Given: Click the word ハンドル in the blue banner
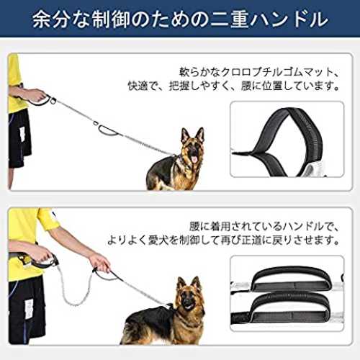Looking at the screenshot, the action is (289, 19).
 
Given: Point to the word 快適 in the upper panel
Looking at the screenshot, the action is (138, 86).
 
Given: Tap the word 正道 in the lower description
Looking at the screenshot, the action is (251, 240).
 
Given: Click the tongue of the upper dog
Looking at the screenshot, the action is (194, 159).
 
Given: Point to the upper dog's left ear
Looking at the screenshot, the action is (185, 135).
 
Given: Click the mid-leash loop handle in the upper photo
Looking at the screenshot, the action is (107, 130).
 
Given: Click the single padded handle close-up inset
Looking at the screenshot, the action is (287, 139).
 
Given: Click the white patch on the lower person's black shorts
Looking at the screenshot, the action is (29, 310).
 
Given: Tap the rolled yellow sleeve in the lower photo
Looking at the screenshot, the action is (48, 220).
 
